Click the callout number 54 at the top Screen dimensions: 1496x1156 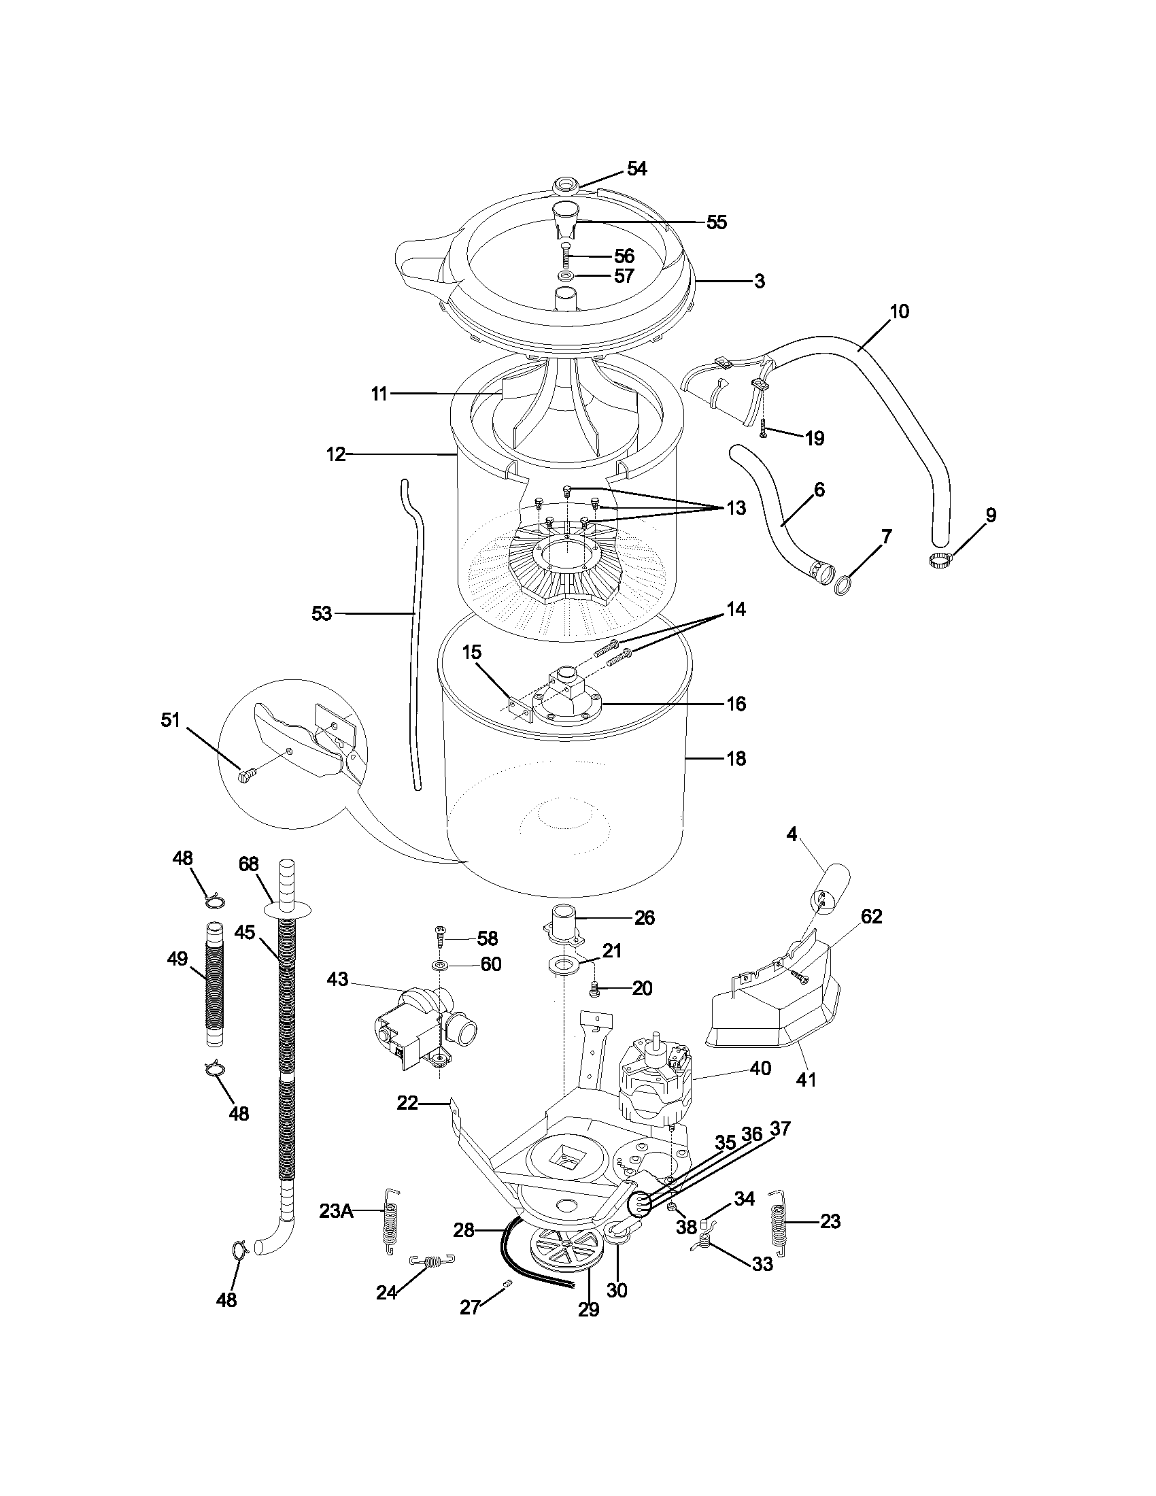pyautogui.click(x=636, y=169)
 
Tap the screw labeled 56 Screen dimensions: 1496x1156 pyautogui.click(x=566, y=256)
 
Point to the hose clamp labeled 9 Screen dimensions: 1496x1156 pyautogui.click(x=940, y=561)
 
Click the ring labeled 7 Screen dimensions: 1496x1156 pyautogui.click(x=844, y=584)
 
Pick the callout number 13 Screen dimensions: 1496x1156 pyautogui.click(x=736, y=508)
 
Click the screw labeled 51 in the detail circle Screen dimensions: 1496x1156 pyautogui.click(x=246, y=775)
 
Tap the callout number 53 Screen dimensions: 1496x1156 pyautogui.click(x=321, y=614)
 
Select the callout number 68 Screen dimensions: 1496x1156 pyautogui.click(x=248, y=864)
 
